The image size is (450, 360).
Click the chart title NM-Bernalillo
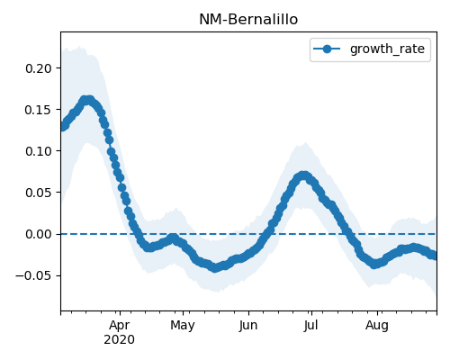[x=248, y=20]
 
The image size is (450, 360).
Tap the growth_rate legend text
[x=387, y=49]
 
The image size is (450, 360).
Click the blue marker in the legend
[x=327, y=49]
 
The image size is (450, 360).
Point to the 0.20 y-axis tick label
[x=39, y=68]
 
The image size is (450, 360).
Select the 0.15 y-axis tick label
[x=39, y=110]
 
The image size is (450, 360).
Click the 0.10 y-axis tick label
[x=39, y=151]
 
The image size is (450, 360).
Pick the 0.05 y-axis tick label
[x=39, y=193]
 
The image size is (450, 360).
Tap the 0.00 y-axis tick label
[x=39, y=234]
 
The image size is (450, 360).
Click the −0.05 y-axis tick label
[x=34, y=275]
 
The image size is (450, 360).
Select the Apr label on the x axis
[x=120, y=326]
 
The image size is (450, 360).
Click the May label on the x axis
[x=183, y=326]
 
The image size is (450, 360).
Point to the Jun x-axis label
[x=248, y=326]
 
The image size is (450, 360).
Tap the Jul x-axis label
[x=310, y=326]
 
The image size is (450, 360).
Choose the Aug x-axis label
[x=377, y=326]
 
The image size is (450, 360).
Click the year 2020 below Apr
[x=119, y=340]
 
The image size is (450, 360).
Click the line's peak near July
[x=303, y=175]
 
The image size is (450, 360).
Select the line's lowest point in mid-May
[x=215, y=267]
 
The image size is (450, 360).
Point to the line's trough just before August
[x=374, y=265]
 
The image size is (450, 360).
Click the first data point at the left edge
[x=62, y=127]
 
